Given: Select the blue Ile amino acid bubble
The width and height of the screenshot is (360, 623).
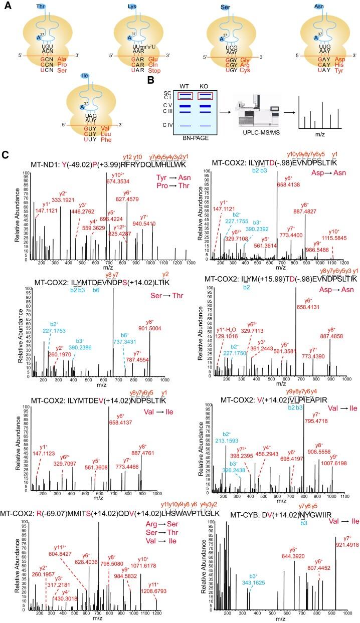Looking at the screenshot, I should click(85, 77).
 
